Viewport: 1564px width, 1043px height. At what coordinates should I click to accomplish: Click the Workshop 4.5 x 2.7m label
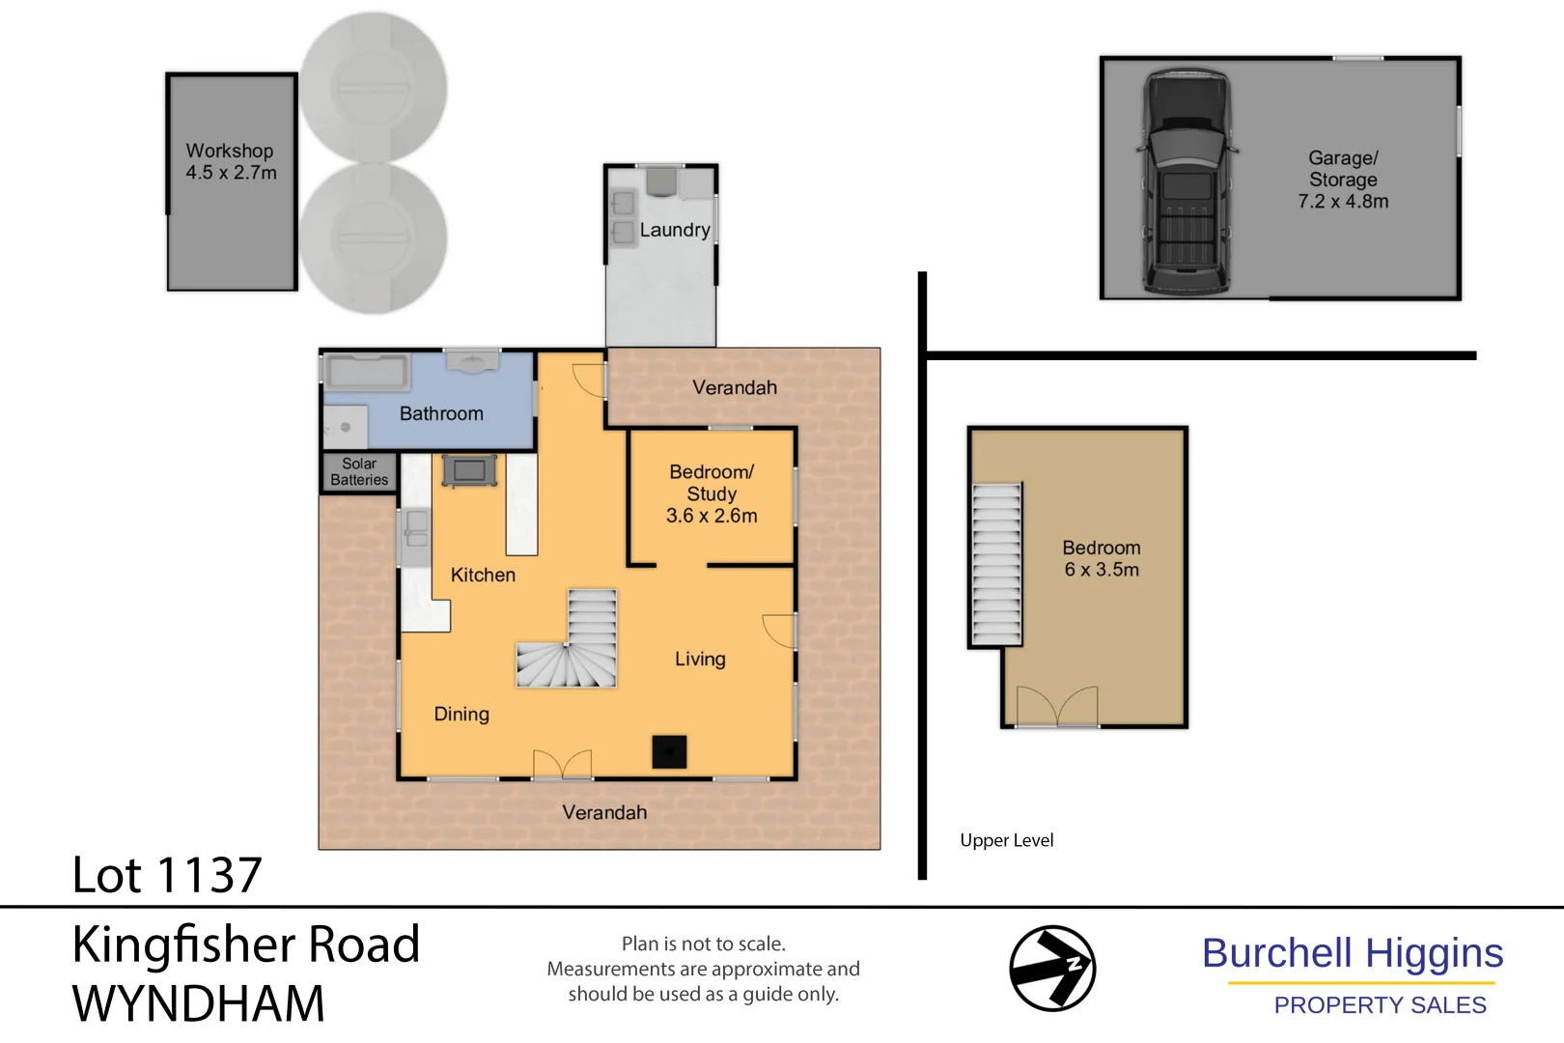coord(231,162)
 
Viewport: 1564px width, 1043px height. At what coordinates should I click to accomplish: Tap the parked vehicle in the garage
coord(1187,182)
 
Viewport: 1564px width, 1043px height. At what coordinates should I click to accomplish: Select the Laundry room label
coord(674,230)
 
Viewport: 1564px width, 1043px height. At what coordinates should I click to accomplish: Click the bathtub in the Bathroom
coord(366,371)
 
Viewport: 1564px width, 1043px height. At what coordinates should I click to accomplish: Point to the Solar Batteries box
coord(359,472)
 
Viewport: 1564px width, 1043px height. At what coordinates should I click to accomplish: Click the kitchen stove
coord(470,470)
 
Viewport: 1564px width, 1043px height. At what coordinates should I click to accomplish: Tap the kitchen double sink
coord(416,530)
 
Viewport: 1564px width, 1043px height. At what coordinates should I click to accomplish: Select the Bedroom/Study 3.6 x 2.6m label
coord(712,493)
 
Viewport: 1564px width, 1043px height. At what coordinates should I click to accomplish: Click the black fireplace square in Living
coord(669,751)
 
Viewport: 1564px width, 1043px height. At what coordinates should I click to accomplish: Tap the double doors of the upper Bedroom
coord(1057,706)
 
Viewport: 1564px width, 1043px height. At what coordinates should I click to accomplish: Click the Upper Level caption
coord(1006,840)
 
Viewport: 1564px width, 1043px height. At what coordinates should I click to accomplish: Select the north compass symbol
coord(1051,969)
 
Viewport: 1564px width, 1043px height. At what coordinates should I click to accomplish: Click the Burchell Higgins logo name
coord(1352,953)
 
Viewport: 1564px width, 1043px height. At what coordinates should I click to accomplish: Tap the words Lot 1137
coord(167,875)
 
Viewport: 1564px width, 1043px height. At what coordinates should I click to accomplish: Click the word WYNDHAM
coord(198,1003)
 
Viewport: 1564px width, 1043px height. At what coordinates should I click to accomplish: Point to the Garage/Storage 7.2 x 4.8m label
coord(1343,180)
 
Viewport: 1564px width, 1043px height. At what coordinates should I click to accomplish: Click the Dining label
coord(461,714)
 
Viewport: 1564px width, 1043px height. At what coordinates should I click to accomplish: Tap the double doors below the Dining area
coord(563,764)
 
